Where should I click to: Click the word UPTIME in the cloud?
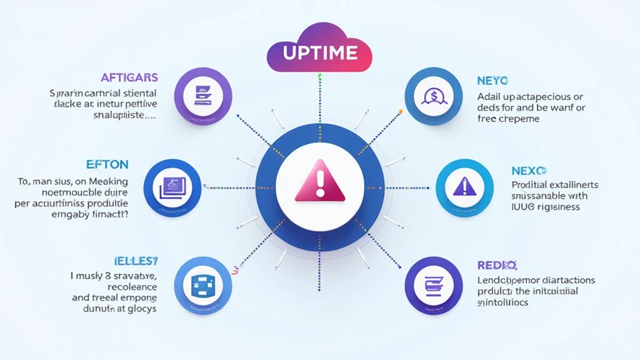(319, 53)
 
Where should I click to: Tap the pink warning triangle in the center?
(320, 181)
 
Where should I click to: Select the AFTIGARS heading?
(129, 78)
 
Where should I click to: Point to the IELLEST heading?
(134, 259)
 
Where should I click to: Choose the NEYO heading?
(492, 81)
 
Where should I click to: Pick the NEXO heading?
(529, 170)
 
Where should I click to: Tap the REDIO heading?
(497, 265)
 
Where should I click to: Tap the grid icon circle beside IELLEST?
(203, 285)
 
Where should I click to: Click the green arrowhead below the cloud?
(320, 76)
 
